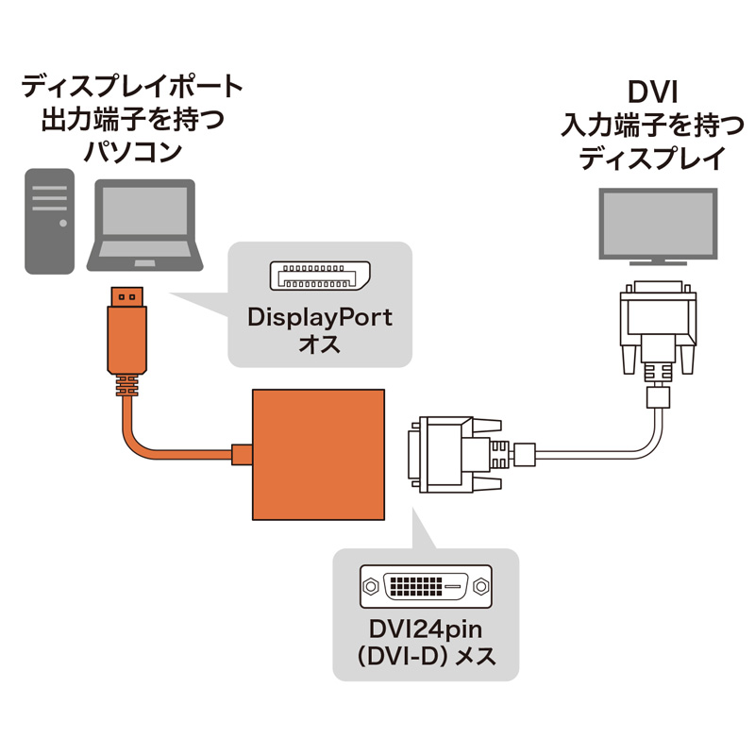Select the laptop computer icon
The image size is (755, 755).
click(144, 226)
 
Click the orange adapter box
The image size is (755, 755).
click(319, 454)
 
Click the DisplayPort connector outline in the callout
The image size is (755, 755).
click(319, 276)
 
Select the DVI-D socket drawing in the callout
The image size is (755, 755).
click(426, 586)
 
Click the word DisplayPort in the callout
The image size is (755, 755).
click(319, 317)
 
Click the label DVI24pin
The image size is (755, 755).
click(426, 628)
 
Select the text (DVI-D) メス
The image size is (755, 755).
click(426, 655)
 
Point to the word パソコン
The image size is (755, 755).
click(132, 151)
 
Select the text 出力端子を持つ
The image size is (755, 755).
click(132, 120)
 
